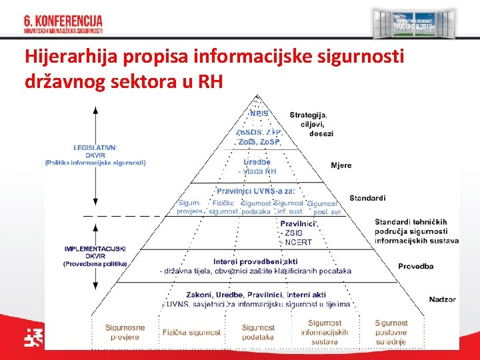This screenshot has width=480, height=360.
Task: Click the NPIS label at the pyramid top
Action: pyautogui.click(x=259, y=113)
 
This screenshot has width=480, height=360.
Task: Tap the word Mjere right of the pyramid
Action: pyautogui.click(x=341, y=165)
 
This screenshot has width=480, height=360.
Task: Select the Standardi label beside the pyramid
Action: pyautogui.click(x=367, y=198)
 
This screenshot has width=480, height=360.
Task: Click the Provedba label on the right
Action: pyautogui.click(x=415, y=266)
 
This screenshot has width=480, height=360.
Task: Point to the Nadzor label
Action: pyautogui.click(x=442, y=299)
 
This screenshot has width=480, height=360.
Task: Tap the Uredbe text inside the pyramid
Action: pyautogui.click(x=257, y=162)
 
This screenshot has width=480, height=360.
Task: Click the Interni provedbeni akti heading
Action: pyautogui.click(x=255, y=261)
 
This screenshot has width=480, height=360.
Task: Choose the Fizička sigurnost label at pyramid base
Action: pyautogui.click(x=191, y=332)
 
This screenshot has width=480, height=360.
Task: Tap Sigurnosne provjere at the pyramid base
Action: pyautogui.click(x=125, y=332)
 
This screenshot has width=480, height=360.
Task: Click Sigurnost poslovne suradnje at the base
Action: pyautogui.click(x=391, y=332)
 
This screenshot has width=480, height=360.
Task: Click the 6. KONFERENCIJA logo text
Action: pyautogui.click(x=63, y=21)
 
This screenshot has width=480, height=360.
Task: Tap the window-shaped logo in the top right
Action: pyautogui.click(x=414, y=24)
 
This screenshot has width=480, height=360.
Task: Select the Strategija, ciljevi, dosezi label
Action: pyautogui.click(x=309, y=124)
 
